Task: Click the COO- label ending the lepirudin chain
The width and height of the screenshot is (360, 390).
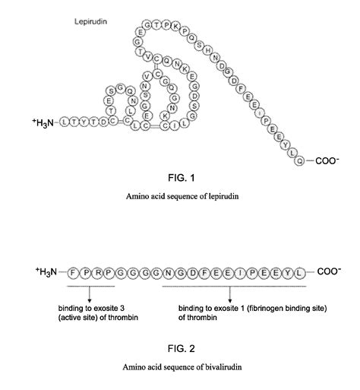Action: pos(327,160)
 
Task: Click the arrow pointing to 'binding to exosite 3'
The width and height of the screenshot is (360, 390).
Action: pos(90,293)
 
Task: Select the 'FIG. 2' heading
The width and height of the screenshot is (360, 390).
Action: pos(180,349)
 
